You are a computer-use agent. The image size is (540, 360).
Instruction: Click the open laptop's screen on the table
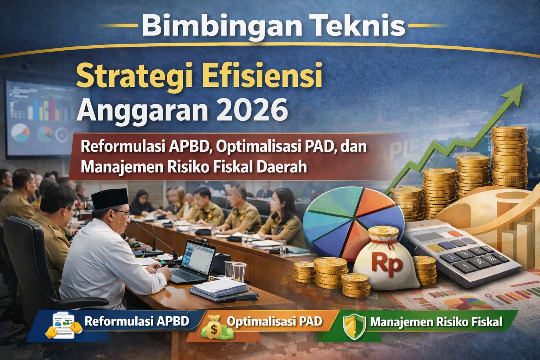pos(198,258)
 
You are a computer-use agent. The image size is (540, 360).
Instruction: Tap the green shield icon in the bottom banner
pos(354,326)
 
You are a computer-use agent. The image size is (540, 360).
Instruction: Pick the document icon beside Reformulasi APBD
pos(63,325)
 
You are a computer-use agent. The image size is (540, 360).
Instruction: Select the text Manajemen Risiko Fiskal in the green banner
pos(436,322)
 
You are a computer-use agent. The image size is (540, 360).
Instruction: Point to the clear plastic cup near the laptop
pos(239,272)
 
